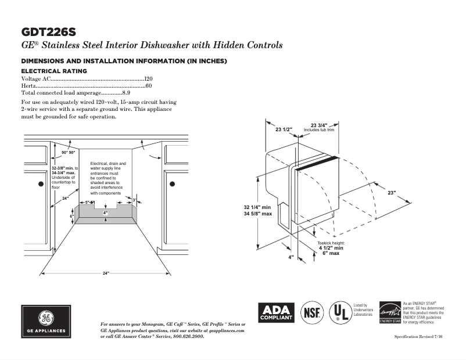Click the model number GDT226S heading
pyautogui.click(x=48, y=31)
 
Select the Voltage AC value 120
pyautogui.click(x=148, y=78)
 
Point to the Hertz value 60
pyautogui.click(x=149, y=85)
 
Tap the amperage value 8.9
pyautogui.click(x=126, y=92)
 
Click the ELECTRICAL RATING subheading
pyautogui.click(x=54, y=71)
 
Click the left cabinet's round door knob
pyautogui.click(x=41, y=184)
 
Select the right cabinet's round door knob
pyautogui.click(x=172, y=184)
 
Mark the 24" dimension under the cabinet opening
pyautogui.click(x=106, y=273)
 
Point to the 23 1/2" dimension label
pyautogui.click(x=284, y=129)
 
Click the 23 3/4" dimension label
pyautogui.click(x=320, y=125)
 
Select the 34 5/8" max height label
pyautogui.click(x=258, y=214)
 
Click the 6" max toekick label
pyautogui.click(x=331, y=254)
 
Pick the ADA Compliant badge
pyautogui.click(x=276, y=313)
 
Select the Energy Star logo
pyautogui.click(x=389, y=312)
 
